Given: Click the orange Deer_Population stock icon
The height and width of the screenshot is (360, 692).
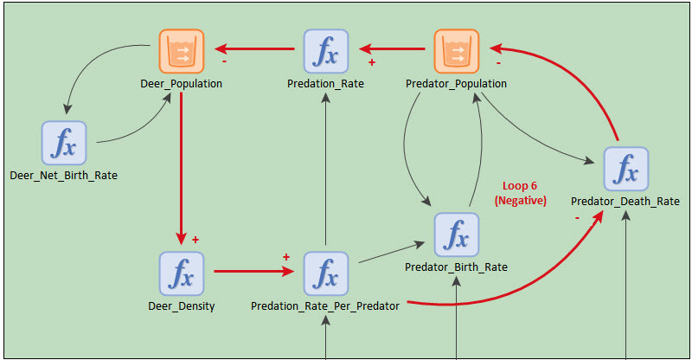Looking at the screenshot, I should click(x=181, y=52).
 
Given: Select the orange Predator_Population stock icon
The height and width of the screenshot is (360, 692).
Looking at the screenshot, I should click(x=456, y=52).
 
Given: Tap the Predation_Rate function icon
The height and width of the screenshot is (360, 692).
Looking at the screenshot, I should click(x=325, y=52).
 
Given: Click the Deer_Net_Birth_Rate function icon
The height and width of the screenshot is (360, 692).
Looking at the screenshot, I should click(x=64, y=144).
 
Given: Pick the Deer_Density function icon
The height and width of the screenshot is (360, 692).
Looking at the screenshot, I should click(x=181, y=273).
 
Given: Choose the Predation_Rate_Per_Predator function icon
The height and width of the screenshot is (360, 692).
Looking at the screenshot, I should click(x=325, y=273).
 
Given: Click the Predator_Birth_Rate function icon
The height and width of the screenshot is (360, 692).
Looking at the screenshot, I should click(x=456, y=235).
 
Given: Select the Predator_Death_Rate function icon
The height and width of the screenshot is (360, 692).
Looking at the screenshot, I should click(x=625, y=170).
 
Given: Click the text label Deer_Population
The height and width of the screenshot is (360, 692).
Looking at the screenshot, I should click(x=181, y=84).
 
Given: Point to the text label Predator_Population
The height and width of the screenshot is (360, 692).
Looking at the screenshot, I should click(x=456, y=84).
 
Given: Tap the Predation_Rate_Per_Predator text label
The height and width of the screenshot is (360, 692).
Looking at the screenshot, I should click(x=325, y=306).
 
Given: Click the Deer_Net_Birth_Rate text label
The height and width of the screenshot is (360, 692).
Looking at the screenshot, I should click(x=64, y=176).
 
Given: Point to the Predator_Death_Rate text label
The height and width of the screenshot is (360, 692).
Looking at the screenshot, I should click(x=625, y=202).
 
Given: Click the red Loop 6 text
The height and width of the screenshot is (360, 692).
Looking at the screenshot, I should click(x=520, y=186).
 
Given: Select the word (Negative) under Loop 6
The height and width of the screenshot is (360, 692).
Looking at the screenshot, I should click(x=520, y=200).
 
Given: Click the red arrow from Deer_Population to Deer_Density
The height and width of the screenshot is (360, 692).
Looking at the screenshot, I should click(x=181, y=164).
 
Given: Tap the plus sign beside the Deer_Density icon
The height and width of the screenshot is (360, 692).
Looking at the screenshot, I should click(x=195, y=240).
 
